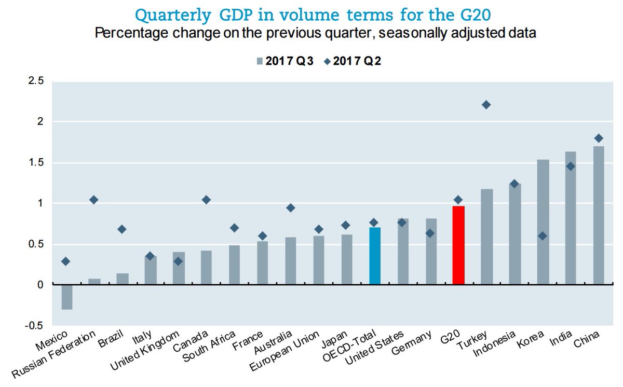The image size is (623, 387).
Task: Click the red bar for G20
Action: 458,245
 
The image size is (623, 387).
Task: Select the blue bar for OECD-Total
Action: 374,256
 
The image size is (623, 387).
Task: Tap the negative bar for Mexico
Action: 66,297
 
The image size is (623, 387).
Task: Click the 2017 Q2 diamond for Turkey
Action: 486,105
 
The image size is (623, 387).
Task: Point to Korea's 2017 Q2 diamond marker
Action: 543,236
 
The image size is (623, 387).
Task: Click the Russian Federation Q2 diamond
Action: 94,200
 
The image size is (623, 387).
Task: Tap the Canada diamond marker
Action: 206,200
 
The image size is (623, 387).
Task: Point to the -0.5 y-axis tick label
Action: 34,325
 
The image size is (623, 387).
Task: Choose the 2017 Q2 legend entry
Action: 356,61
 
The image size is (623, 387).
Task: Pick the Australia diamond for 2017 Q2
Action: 291,208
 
